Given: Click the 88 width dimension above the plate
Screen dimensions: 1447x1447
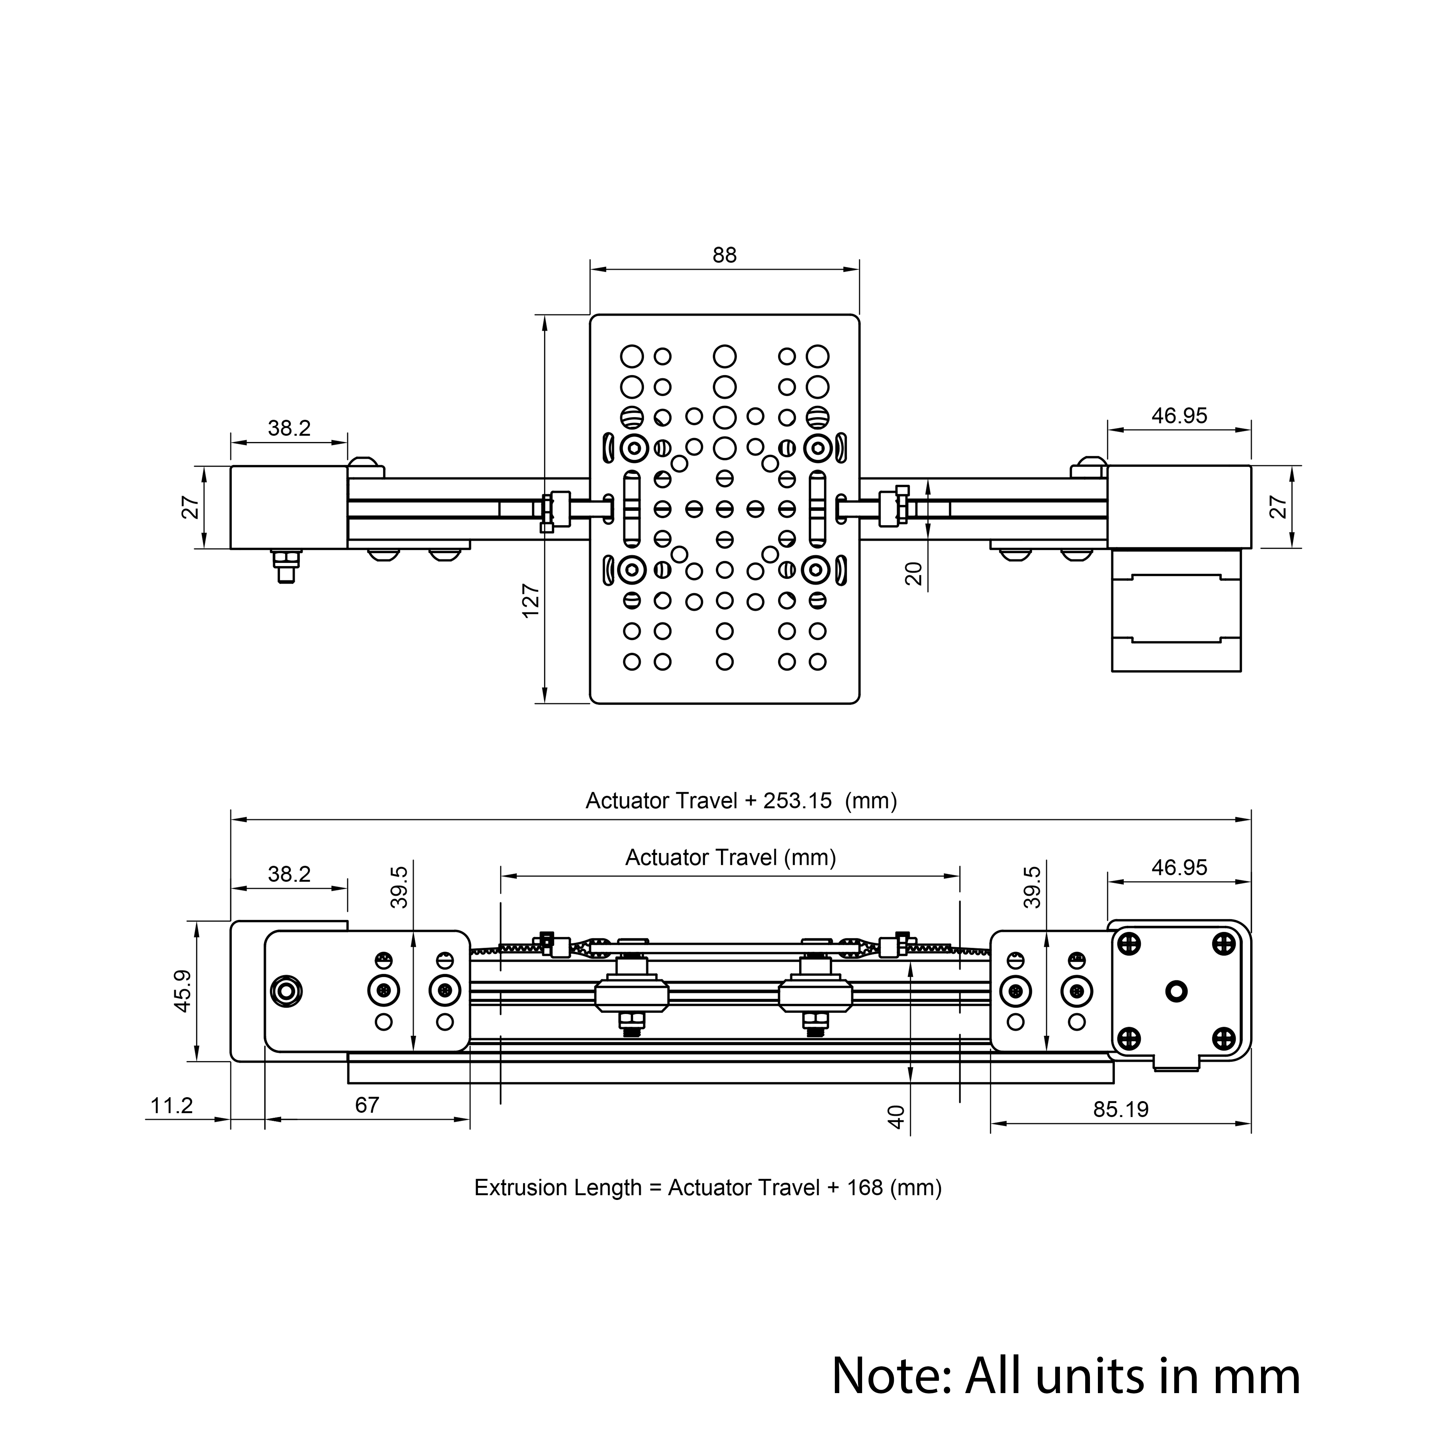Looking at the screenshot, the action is (x=724, y=255).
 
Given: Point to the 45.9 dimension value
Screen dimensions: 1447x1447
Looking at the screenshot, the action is (x=183, y=991).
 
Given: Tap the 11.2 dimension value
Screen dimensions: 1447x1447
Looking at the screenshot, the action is (x=171, y=1106).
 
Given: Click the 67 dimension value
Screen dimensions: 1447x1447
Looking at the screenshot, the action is (x=367, y=1105).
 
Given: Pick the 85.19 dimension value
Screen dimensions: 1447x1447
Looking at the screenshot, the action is (x=1120, y=1109).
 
